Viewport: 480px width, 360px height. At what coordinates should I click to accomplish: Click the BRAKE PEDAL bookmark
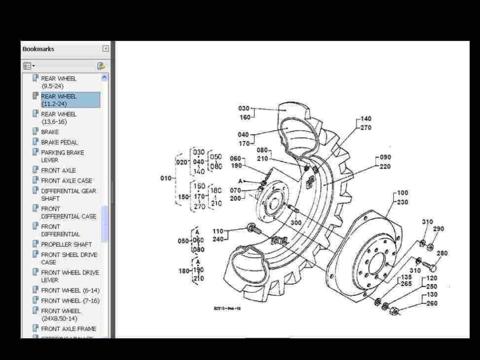coord(59,142)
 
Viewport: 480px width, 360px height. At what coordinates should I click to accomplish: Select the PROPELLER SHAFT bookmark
coord(66,244)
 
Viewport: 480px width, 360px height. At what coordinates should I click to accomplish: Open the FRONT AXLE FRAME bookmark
coord(68,329)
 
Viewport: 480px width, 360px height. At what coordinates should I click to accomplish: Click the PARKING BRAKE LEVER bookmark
coord(62,156)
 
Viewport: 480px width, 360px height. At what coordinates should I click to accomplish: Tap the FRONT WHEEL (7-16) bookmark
coord(70,300)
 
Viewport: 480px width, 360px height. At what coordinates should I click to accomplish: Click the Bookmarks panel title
coord(38,49)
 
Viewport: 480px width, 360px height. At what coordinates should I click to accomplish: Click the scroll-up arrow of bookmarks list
coord(104,77)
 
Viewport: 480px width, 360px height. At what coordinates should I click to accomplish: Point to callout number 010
coord(166,178)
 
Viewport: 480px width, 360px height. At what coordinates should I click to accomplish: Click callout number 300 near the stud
coord(296,223)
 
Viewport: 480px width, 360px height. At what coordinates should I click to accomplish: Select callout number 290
coord(438,229)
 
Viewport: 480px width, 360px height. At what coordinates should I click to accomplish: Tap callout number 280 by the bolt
coord(442,253)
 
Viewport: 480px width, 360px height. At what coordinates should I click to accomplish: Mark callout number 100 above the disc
coord(402,193)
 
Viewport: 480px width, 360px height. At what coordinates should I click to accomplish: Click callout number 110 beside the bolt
coord(218,231)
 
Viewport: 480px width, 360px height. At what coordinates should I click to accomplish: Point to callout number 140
coord(366,119)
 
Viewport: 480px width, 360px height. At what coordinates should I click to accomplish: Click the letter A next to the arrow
coord(240,181)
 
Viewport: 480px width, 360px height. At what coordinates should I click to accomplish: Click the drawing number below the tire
coord(227,308)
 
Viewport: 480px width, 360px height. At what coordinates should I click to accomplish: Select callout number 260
coord(432,303)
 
